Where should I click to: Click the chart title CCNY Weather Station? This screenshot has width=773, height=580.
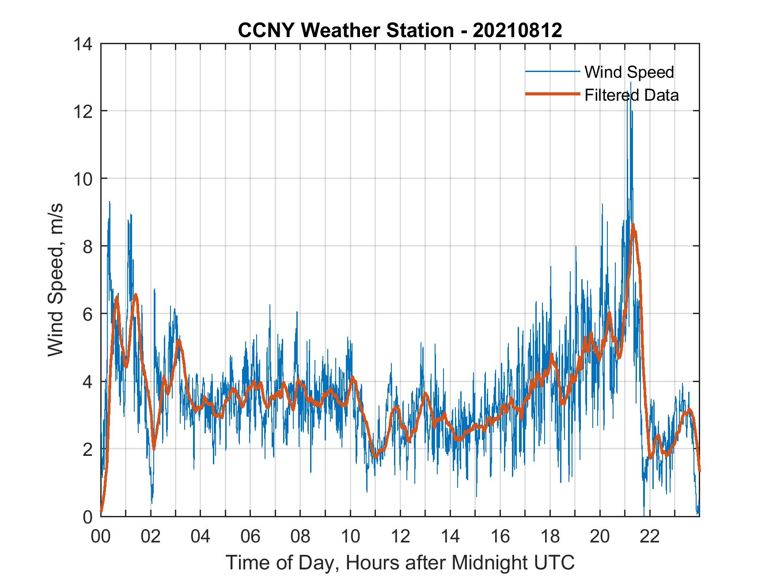click(x=400, y=30)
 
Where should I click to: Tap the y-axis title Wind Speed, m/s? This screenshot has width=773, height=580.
click(x=56, y=280)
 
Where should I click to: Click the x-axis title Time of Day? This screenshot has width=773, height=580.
click(x=400, y=562)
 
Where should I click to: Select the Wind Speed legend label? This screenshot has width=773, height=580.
click(x=629, y=72)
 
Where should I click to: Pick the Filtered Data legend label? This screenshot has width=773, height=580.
click(x=631, y=95)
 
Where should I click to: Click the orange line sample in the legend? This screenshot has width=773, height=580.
click(x=552, y=94)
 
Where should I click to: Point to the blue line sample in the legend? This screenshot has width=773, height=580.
click(x=552, y=72)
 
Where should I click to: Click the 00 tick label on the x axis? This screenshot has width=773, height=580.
click(x=101, y=537)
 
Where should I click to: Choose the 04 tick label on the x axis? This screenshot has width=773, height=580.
click(x=201, y=537)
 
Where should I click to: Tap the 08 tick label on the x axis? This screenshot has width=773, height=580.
click(x=300, y=537)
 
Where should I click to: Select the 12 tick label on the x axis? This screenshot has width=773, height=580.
click(x=400, y=537)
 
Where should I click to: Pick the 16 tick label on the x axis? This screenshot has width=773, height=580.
click(x=500, y=537)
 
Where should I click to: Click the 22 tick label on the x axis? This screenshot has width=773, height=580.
click(x=650, y=537)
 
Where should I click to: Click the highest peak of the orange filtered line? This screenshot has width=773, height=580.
click(x=633, y=225)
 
